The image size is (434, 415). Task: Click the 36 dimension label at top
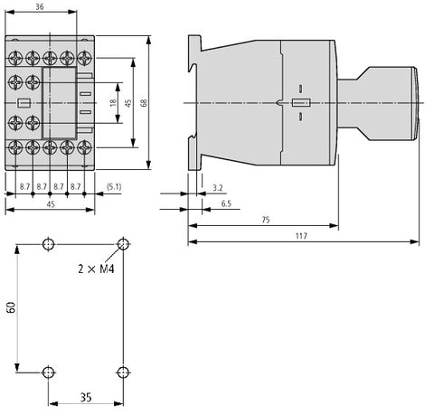click(x=40, y=6)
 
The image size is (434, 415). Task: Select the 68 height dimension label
click(x=144, y=103)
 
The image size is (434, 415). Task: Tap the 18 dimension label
click(x=113, y=102)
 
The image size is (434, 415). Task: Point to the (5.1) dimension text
click(x=114, y=187)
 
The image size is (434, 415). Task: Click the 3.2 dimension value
click(x=218, y=188)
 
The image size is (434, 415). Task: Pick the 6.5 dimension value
click(x=226, y=203)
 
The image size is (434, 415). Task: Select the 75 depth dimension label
click(x=266, y=220)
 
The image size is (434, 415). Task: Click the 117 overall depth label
click(x=301, y=236)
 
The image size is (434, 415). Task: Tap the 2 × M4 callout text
click(x=96, y=269)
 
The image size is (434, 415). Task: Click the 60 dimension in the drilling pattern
click(x=11, y=307)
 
